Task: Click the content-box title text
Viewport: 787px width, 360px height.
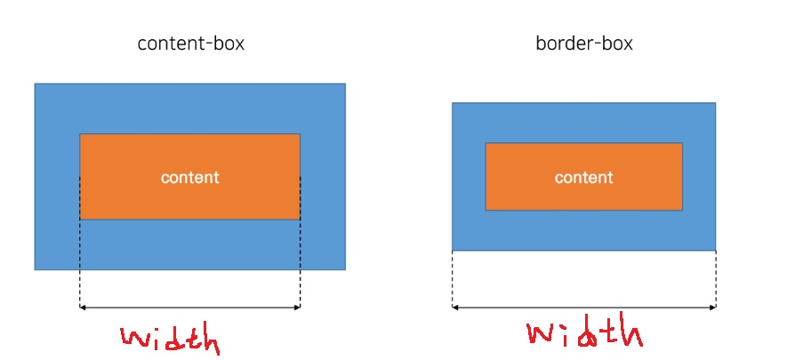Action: tap(190, 43)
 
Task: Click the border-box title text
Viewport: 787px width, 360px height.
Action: tap(583, 43)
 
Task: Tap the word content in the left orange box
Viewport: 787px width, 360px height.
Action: tap(189, 177)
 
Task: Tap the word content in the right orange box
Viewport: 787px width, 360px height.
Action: tap(583, 177)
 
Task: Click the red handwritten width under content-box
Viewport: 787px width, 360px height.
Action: tap(169, 339)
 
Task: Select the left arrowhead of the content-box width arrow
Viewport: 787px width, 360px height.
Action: tap(83, 308)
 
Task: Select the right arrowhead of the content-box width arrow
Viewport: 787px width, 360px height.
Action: tap(298, 308)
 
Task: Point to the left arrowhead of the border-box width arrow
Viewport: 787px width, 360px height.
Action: tap(454, 308)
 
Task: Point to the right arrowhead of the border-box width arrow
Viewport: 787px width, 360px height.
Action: tap(713, 308)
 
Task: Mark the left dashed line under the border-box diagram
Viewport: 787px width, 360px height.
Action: tap(453, 279)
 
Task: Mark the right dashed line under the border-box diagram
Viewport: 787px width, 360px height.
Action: tap(716, 279)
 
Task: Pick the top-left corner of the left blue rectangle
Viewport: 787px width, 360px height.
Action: tap(36, 84)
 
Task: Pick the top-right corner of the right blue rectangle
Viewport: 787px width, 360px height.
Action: tap(715, 103)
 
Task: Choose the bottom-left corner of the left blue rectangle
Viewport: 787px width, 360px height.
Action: tap(36, 268)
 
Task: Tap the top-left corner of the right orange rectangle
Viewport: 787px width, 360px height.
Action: tap(486, 144)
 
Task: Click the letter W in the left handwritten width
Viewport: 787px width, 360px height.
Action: tap(135, 338)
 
